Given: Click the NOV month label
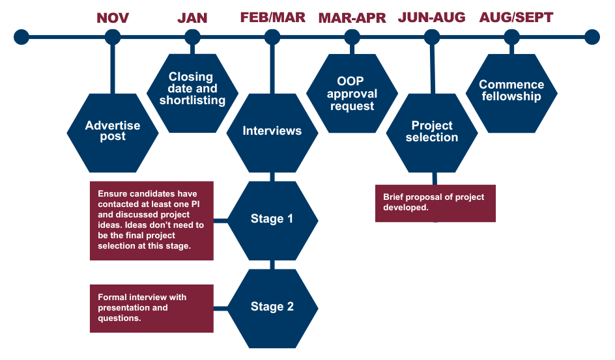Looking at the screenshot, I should [113, 18].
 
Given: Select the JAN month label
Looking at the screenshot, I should [192, 18].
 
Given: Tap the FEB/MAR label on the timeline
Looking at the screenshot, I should [272, 18].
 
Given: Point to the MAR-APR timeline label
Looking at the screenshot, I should [352, 18].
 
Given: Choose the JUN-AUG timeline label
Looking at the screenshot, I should [431, 18].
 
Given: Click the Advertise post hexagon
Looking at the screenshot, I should [113, 131].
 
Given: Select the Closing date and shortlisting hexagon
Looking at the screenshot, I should [192, 89].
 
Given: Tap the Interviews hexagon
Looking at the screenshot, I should [272, 131].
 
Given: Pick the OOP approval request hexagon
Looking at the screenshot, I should [352, 93].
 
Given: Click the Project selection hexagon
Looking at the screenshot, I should [431, 131].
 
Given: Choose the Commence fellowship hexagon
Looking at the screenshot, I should [511, 90].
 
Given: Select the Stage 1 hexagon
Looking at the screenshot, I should [272, 219].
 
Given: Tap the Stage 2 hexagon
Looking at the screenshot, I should [272, 307].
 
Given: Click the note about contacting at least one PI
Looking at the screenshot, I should [151, 221].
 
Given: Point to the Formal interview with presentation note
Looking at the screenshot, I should [151, 307].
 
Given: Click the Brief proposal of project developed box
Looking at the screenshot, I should [435, 202].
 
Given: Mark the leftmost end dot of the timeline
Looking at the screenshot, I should [21, 36].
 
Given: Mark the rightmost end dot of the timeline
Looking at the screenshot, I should [592, 36].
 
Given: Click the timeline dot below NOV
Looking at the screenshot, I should [113, 36].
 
